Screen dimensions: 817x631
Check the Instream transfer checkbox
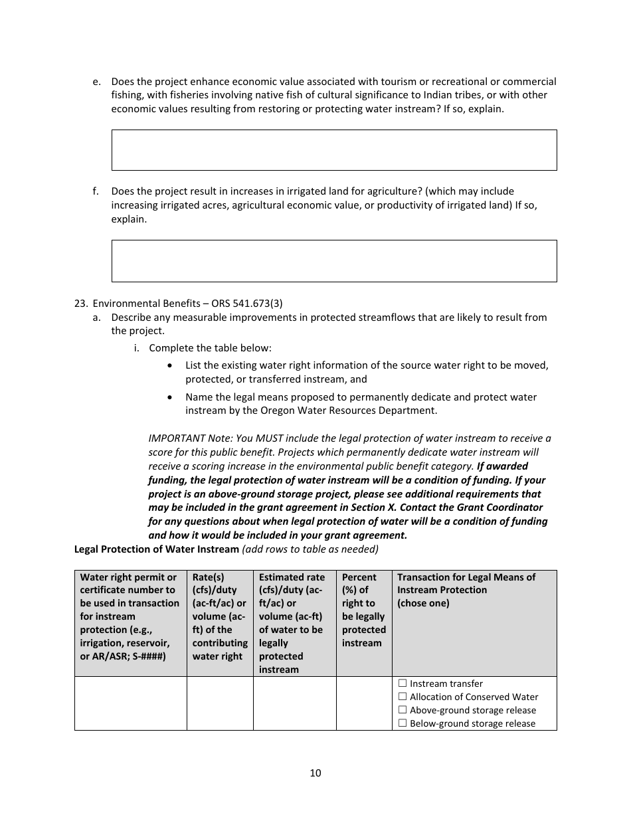pos(403,683)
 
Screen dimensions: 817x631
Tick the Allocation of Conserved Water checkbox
pos(403,697)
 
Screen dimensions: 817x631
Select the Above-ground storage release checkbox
pos(403,710)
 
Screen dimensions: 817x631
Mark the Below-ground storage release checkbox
pos(403,723)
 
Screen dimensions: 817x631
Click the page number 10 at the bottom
pos(315,772)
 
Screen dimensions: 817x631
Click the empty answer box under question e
pos(333,150)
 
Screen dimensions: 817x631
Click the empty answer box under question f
pos(333,261)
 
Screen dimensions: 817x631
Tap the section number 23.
pos(80,304)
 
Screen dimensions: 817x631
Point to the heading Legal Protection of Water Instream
pos(156,549)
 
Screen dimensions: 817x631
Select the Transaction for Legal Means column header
pos(466,590)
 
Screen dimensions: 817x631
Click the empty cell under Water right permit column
pos(130,703)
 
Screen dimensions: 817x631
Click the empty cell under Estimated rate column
pos(294,703)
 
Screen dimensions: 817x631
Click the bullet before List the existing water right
pos(172,365)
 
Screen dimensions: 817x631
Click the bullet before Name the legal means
pos(172,397)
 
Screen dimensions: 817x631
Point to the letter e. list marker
pos(97,82)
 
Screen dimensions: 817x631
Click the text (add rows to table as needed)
pos(310,549)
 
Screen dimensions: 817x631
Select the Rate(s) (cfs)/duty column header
pos(219,616)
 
